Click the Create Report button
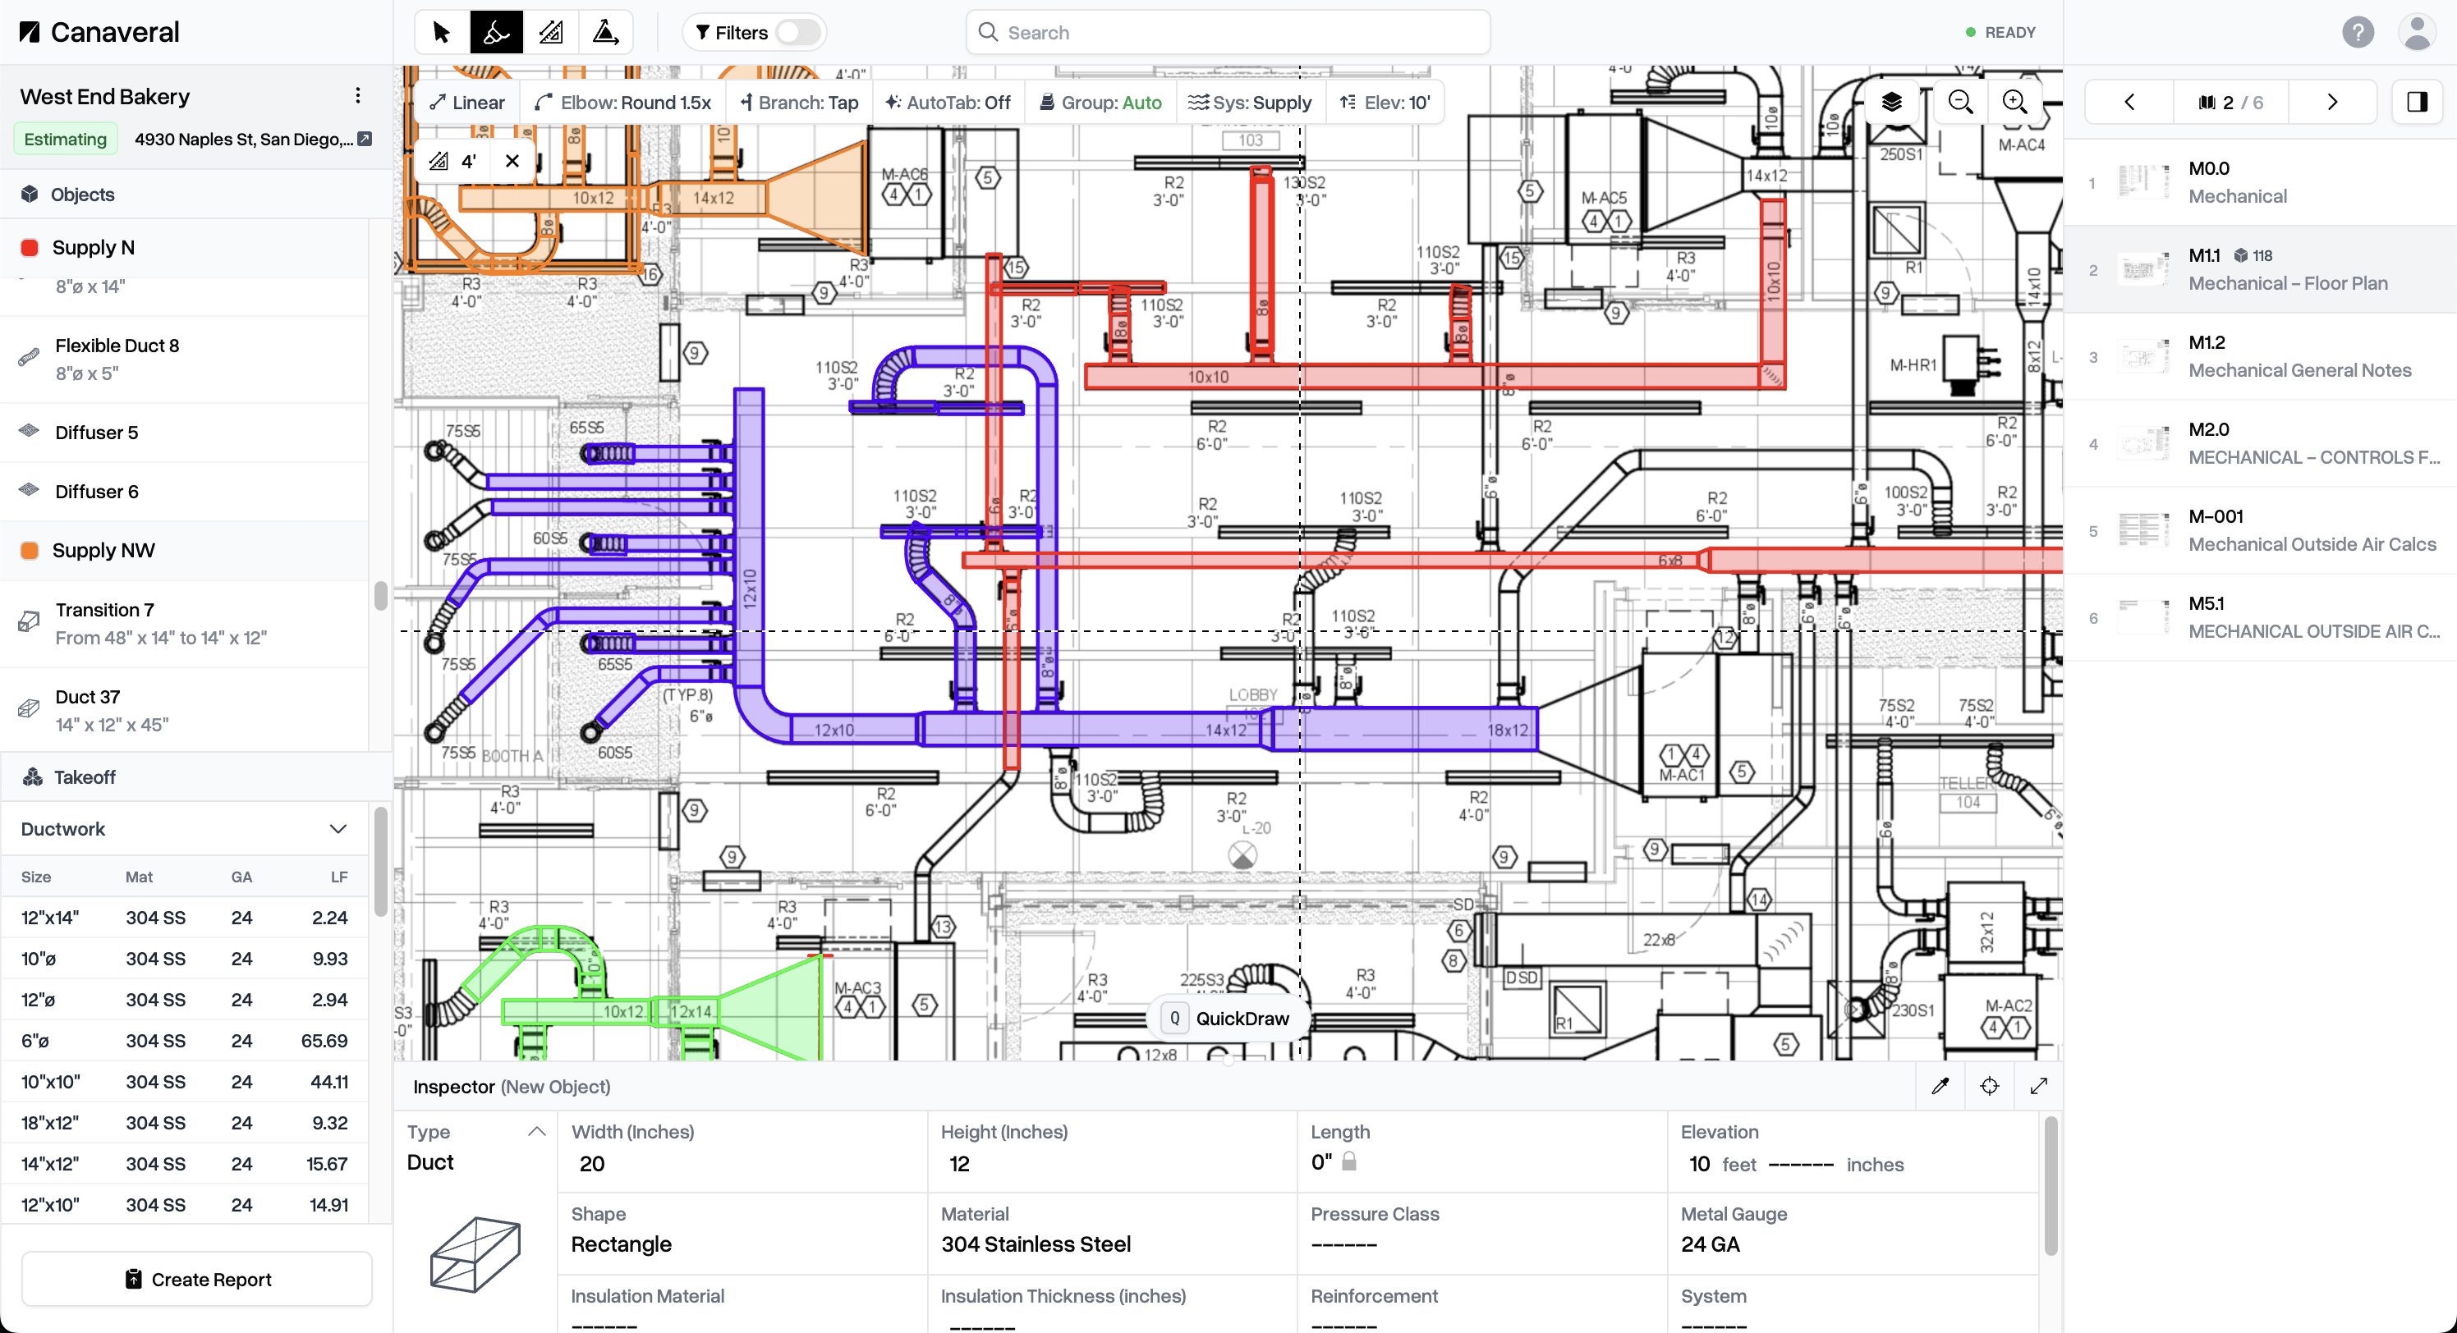[197, 1279]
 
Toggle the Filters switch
[797, 32]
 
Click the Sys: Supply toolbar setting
[1251, 103]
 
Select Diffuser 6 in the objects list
[96, 491]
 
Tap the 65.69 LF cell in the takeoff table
[324, 1040]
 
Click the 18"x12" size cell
[49, 1122]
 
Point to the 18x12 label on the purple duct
[1507, 731]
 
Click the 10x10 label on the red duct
[1207, 378]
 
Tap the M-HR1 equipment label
[1913, 365]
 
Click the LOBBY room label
[1252, 695]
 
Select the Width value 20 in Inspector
[592, 1163]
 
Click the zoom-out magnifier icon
[1960, 102]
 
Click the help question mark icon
[2357, 32]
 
